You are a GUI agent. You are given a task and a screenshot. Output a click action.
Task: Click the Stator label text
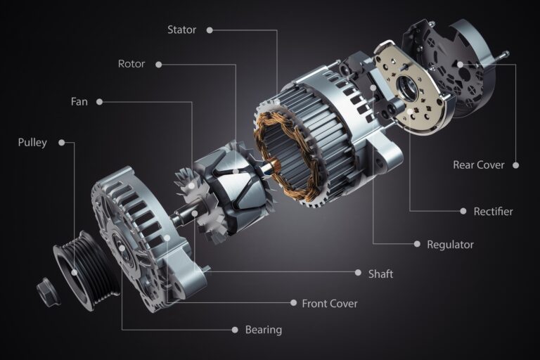(x=181, y=30)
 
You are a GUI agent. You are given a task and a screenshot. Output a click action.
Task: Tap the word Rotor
(x=131, y=64)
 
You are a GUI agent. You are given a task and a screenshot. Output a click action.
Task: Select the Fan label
(x=79, y=101)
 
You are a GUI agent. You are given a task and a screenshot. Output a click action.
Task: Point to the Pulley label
(x=32, y=143)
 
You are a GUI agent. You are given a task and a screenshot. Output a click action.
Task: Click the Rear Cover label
(x=478, y=165)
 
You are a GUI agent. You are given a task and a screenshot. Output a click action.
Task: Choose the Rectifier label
(x=493, y=211)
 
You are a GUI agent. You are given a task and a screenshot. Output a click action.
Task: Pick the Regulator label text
(x=450, y=245)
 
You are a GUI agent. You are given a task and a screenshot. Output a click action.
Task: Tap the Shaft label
(x=380, y=274)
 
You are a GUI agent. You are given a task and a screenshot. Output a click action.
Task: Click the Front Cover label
(x=329, y=303)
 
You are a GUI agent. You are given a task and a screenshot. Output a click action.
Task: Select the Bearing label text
(x=263, y=329)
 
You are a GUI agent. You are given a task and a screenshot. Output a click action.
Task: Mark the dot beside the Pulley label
(x=62, y=143)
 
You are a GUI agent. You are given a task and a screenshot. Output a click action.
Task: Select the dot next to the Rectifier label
(x=464, y=211)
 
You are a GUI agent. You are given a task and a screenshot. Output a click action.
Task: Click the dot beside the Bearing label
(x=235, y=329)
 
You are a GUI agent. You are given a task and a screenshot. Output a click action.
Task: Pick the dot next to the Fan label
(x=100, y=101)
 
